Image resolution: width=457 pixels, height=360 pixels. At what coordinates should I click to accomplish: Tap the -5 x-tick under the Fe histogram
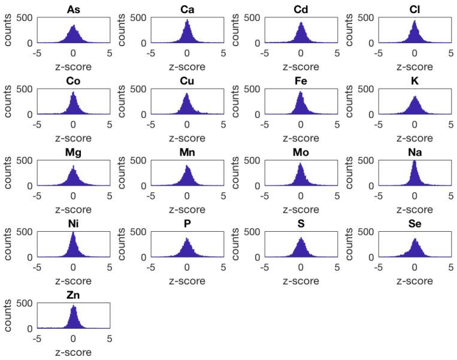coord(264,125)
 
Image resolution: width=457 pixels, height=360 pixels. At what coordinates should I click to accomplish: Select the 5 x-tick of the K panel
coord(451,125)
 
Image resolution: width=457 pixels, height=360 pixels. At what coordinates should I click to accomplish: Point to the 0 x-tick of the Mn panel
coord(187,196)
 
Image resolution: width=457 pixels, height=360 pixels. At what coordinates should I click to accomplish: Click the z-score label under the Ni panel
coord(73,281)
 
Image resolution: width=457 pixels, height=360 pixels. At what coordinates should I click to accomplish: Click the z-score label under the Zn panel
coord(73,352)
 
